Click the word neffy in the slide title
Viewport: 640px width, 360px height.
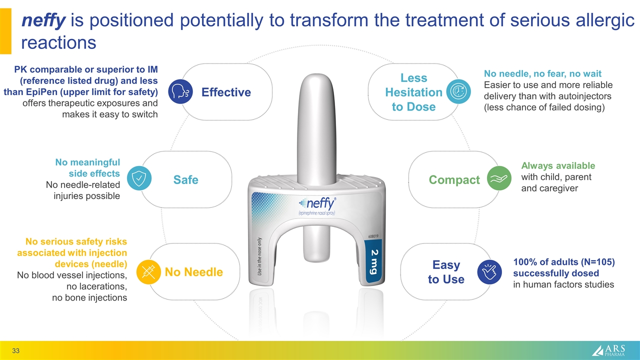click(x=43, y=20)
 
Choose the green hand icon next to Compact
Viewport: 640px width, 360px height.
click(x=499, y=179)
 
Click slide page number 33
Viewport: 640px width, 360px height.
click(x=16, y=351)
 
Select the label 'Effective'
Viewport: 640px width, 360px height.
click(x=226, y=92)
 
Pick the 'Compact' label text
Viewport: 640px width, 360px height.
click(x=454, y=179)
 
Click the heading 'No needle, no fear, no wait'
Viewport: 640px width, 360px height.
click(x=542, y=74)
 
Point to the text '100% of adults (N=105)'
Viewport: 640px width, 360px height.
click(x=563, y=262)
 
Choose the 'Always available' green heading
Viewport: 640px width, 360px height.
click(x=558, y=165)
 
